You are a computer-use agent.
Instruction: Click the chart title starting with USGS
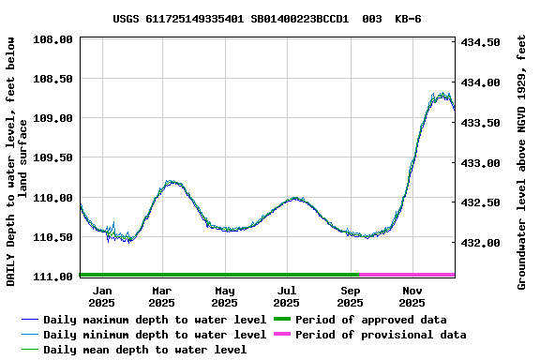267,19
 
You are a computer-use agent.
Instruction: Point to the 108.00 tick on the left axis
54,39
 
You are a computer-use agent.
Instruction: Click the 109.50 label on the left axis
54,158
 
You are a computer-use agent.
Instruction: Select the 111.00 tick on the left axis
54,277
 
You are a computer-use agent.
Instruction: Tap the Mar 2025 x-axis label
161,296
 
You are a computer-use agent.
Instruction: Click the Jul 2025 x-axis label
287,296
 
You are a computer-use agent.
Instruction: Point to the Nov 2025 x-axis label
412,296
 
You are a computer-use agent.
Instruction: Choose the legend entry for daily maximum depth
142,320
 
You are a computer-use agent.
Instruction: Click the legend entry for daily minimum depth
142,335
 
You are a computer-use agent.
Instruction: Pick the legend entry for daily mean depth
133,350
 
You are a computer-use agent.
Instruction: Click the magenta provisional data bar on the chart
407,275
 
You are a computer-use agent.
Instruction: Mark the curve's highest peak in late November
441,94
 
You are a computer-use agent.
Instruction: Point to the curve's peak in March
170,181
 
